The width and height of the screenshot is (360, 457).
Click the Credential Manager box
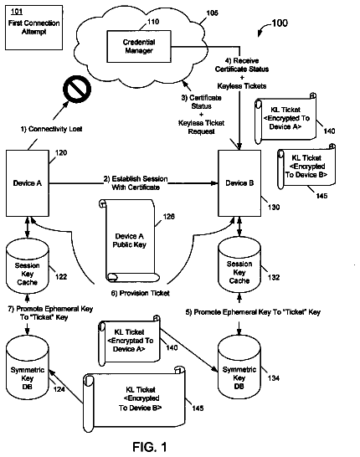pyautogui.click(x=139, y=46)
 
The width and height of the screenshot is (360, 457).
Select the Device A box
pyautogui.click(x=28, y=183)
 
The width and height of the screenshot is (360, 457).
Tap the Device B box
pyautogui.click(x=239, y=183)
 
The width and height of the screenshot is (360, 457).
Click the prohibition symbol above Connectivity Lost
pyautogui.click(x=77, y=90)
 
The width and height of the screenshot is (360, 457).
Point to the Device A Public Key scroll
pyautogui.click(x=129, y=240)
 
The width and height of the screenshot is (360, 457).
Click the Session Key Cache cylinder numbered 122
pyautogui.click(x=28, y=268)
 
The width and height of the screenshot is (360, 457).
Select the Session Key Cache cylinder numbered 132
pyautogui.click(x=239, y=266)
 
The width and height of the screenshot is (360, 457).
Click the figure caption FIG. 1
pyautogui.click(x=150, y=447)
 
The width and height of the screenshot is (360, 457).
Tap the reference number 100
pyautogui.click(x=280, y=23)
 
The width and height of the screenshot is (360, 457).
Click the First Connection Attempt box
pyautogui.click(x=33, y=28)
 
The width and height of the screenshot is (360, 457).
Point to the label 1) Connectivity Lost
pyautogui.click(x=51, y=129)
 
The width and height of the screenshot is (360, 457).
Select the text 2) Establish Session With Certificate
pyautogui.click(x=136, y=183)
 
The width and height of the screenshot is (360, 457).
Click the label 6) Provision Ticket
pyautogui.click(x=140, y=293)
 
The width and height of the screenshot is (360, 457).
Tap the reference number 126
pyautogui.click(x=169, y=216)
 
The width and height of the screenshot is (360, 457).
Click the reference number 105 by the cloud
pyautogui.click(x=212, y=13)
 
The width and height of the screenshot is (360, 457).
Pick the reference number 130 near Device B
pyautogui.click(x=274, y=208)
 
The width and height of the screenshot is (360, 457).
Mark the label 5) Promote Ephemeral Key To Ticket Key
pyautogui.click(x=253, y=312)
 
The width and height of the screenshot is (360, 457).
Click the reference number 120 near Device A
pyautogui.click(x=61, y=152)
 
